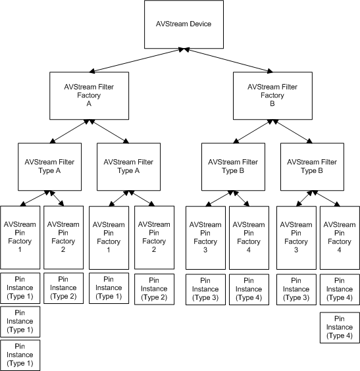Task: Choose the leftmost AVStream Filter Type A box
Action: (x=49, y=166)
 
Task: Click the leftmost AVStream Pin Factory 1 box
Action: (x=20, y=237)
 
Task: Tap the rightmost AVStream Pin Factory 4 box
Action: (x=340, y=237)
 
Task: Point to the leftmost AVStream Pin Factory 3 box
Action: (x=205, y=237)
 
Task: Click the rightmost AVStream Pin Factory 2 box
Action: (x=154, y=237)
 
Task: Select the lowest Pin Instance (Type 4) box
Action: (x=340, y=327)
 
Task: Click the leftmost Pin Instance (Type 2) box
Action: (x=63, y=287)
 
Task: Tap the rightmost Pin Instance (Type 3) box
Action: (x=296, y=287)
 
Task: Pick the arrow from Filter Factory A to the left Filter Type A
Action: (x=71, y=131)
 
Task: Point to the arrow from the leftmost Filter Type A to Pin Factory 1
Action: (x=34, y=197)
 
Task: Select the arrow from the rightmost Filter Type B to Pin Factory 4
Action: (x=326, y=197)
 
